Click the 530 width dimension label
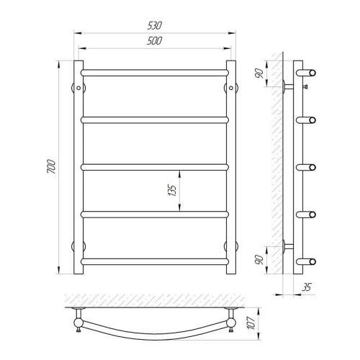click(x=155, y=25)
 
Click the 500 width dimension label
click(x=155, y=41)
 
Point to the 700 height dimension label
click(x=52, y=166)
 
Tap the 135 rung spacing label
click(x=172, y=190)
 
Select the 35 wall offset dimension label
click(x=306, y=287)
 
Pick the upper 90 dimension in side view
click(x=259, y=73)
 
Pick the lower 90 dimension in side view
click(x=259, y=260)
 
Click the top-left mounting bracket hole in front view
click(x=78, y=88)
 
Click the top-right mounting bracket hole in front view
click(x=231, y=88)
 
